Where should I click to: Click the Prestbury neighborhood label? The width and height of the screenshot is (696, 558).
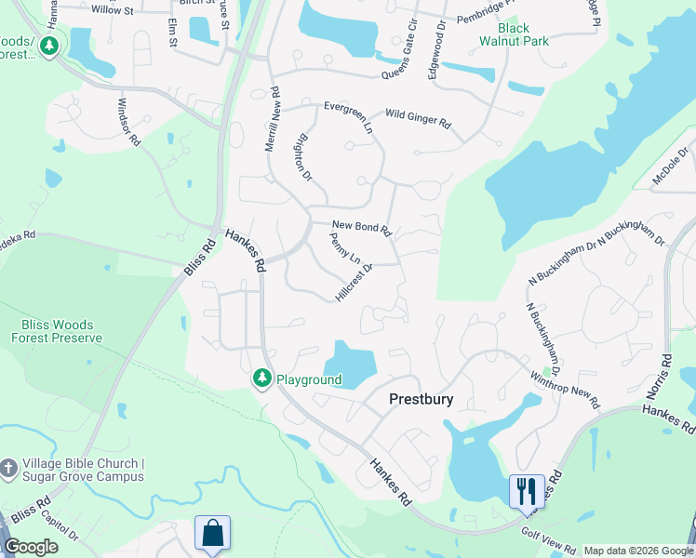(x=421, y=399)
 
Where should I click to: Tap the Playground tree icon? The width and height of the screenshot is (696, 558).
(x=263, y=379)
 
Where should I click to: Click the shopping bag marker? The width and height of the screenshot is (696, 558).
(x=212, y=533)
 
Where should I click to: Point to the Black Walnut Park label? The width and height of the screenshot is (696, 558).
(x=515, y=34)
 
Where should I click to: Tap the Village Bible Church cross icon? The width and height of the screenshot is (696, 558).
(x=8, y=470)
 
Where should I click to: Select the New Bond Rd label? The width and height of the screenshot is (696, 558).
(x=361, y=227)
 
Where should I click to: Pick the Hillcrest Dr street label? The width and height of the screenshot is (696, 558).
(x=354, y=282)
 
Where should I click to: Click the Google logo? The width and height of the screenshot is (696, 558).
(x=31, y=547)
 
